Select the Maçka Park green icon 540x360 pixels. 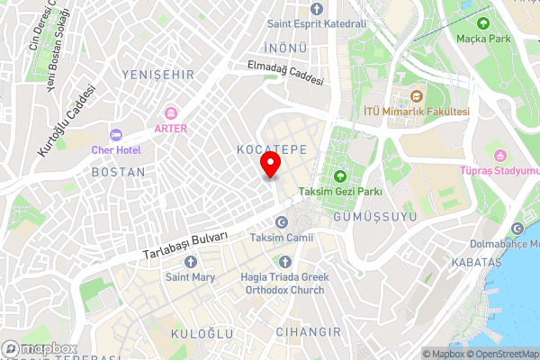pyautogui.click(x=484, y=23)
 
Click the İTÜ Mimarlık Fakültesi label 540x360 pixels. pyautogui.click(x=416, y=111)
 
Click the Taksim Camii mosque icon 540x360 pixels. pyautogui.click(x=282, y=221)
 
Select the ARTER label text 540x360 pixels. pyautogui.click(x=171, y=129)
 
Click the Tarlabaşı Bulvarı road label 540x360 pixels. pyautogui.click(x=184, y=246)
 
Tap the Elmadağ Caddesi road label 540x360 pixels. pyautogui.click(x=286, y=73)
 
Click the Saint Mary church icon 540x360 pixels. pyautogui.click(x=190, y=261)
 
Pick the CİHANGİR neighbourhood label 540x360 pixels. pyautogui.click(x=309, y=333)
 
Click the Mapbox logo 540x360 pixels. pyautogui.click(x=38, y=348)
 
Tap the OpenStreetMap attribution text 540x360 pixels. pyautogui.click(x=499, y=354)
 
